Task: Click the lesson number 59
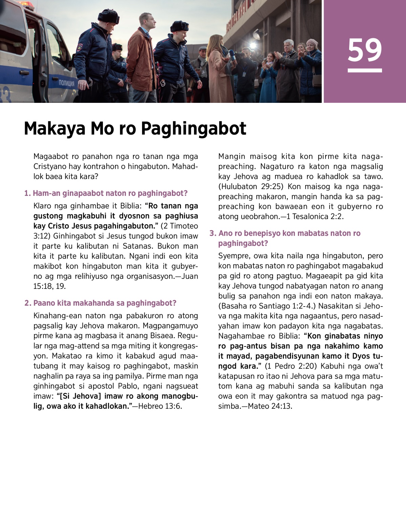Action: (x=364, y=50)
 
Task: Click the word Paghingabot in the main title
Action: (x=193, y=129)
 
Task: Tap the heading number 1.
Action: (x=27, y=193)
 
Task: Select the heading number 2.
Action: (x=27, y=303)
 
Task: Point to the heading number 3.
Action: (x=212, y=233)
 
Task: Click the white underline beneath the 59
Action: (x=364, y=70)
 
